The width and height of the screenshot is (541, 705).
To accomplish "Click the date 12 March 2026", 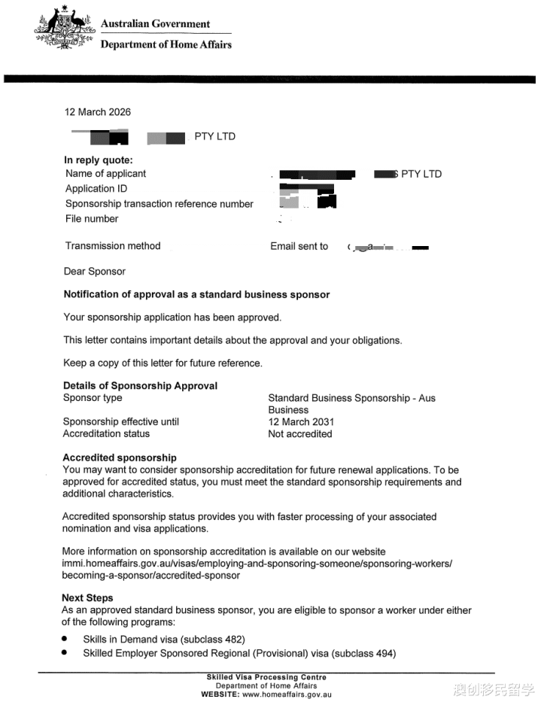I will pos(98,112).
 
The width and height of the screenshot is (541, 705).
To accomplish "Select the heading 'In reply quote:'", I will pos(98,160).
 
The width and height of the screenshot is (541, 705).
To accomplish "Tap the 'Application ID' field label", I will pos(100,189).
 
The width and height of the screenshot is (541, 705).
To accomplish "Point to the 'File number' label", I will pos(92,219).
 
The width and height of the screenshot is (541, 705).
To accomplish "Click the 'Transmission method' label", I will pos(113,246).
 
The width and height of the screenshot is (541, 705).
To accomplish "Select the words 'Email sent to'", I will pos(299,246).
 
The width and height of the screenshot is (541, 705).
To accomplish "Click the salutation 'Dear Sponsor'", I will pos(95,272).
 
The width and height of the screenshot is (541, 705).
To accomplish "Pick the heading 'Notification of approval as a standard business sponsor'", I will pos(196,295).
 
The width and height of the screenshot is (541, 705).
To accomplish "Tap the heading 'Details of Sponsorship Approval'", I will pos(140,386).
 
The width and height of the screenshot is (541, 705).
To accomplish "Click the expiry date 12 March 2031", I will pos(301,422).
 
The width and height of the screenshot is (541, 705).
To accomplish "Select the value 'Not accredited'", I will pos(300,434).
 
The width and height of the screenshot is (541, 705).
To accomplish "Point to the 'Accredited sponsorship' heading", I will pos(120,457).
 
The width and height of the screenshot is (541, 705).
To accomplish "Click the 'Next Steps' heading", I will pos(87,598).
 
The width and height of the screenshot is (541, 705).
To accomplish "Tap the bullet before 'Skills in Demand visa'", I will pos(65,639).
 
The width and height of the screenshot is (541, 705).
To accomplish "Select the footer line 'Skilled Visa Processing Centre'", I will pos(266,677).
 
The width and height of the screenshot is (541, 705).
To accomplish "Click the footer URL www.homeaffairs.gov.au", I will pos(286,694).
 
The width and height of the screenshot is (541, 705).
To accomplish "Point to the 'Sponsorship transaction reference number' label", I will pos(160,204).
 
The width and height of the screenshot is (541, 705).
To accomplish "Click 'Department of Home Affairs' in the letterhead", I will pos(166,44).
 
